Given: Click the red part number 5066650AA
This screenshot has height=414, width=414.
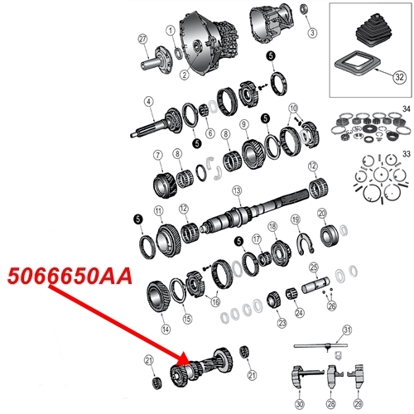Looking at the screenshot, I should (x=69, y=277).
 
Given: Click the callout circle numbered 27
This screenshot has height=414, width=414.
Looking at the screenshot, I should (x=142, y=39).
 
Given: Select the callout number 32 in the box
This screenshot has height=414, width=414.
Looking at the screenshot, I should (x=398, y=77).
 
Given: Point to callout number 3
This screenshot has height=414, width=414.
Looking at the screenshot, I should (x=312, y=32).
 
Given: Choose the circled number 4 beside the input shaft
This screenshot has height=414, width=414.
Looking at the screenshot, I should (x=148, y=103).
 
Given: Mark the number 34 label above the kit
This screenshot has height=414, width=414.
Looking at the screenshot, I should (x=405, y=108).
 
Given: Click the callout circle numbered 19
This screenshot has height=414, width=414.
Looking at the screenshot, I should (x=295, y=219).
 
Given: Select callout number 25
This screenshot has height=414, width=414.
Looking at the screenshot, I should (x=314, y=267).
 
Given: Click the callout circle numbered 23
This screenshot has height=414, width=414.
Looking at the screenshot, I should (x=282, y=322).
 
